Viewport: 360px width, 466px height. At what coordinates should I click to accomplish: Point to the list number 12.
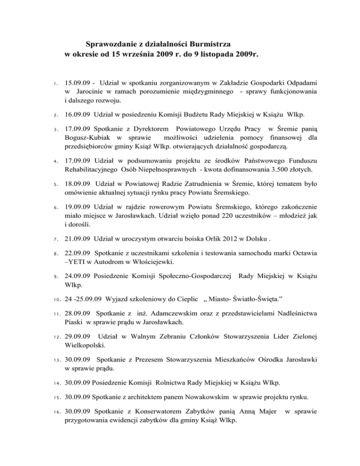[x=55, y=348]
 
